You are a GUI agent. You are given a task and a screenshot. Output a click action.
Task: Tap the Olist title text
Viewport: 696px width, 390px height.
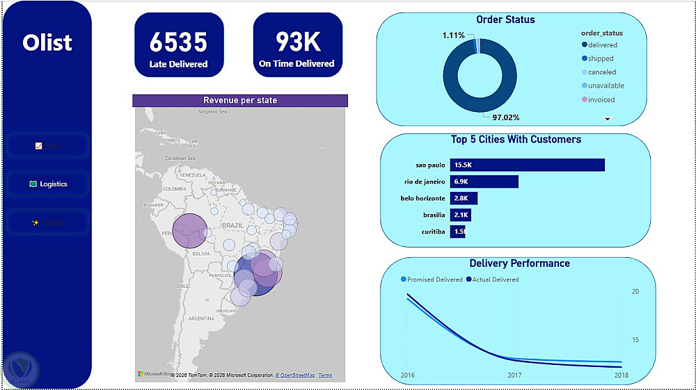[47, 42]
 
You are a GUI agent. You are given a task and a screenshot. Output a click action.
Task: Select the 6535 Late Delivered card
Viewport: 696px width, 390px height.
[179, 44]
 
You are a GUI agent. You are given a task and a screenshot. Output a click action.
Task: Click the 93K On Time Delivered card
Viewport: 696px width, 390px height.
[297, 44]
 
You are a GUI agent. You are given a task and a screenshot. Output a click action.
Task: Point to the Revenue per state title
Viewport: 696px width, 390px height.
[239, 100]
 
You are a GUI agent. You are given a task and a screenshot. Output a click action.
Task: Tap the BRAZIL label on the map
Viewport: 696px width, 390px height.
[232, 226]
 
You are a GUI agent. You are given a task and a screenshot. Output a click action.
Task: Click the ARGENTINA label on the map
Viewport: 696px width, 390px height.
[200, 318]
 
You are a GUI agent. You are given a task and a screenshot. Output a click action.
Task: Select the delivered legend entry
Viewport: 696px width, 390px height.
[602, 45]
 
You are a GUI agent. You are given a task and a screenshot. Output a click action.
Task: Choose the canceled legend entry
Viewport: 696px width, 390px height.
[601, 72]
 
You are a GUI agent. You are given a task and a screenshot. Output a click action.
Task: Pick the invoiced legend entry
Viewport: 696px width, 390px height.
[601, 99]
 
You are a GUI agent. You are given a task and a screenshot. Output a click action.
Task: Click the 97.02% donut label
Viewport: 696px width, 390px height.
[506, 117]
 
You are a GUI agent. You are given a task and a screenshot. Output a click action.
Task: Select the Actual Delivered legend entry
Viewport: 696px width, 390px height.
[496, 279]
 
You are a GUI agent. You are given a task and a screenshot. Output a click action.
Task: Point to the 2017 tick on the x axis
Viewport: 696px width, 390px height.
[514, 375]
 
